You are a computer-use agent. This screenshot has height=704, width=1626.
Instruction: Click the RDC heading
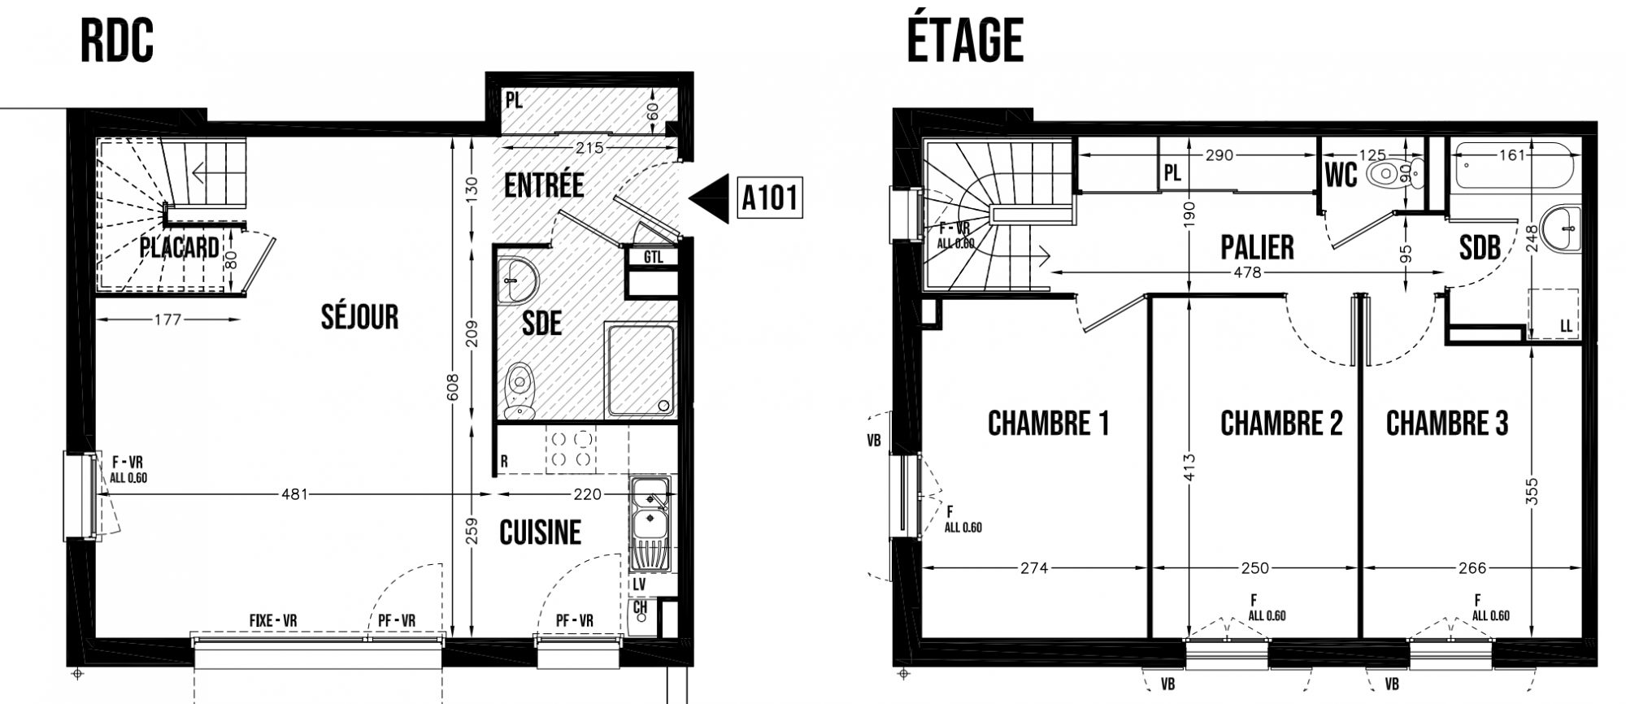coord(117,41)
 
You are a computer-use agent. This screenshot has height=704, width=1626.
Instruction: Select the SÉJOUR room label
coord(359,316)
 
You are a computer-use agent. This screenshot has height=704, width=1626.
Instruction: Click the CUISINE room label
coord(541,533)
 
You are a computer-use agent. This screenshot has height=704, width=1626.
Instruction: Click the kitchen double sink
coord(650,524)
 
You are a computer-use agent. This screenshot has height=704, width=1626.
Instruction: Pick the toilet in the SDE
coord(519,392)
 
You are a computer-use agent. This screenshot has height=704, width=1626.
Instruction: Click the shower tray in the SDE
coord(640,371)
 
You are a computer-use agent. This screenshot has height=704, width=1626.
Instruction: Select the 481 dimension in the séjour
coord(294,493)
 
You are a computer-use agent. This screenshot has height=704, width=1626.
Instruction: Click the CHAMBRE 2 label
coord(1281,423)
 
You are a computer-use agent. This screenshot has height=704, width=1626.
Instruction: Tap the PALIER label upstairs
coord(1257,247)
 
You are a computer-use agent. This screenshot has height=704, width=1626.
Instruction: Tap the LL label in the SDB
coord(1566,326)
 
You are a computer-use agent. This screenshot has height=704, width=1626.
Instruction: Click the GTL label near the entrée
coord(654,258)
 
